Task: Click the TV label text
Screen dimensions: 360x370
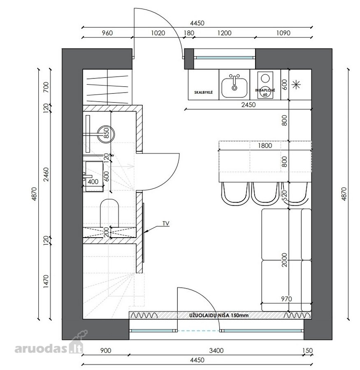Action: [x=166, y=224]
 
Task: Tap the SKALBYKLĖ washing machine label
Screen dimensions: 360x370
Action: [x=203, y=92]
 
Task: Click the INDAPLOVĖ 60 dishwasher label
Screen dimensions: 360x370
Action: [x=265, y=92]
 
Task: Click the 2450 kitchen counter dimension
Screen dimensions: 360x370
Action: [x=248, y=104]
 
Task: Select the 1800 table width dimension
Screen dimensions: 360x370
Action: [x=265, y=146]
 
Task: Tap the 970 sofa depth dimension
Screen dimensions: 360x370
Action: [x=286, y=299]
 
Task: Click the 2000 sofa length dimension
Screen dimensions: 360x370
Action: [x=284, y=260]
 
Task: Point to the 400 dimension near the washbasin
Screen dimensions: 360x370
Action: [x=93, y=182]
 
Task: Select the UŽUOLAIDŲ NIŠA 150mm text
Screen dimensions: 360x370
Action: [x=219, y=315]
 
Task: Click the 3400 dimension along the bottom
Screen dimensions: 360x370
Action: [x=216, y=351]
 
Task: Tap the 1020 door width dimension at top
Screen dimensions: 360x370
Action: [x=158, y=33]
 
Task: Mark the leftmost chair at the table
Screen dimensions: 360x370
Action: [x=235, y=194]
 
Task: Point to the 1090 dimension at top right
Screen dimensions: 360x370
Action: [x=283, y=33]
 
